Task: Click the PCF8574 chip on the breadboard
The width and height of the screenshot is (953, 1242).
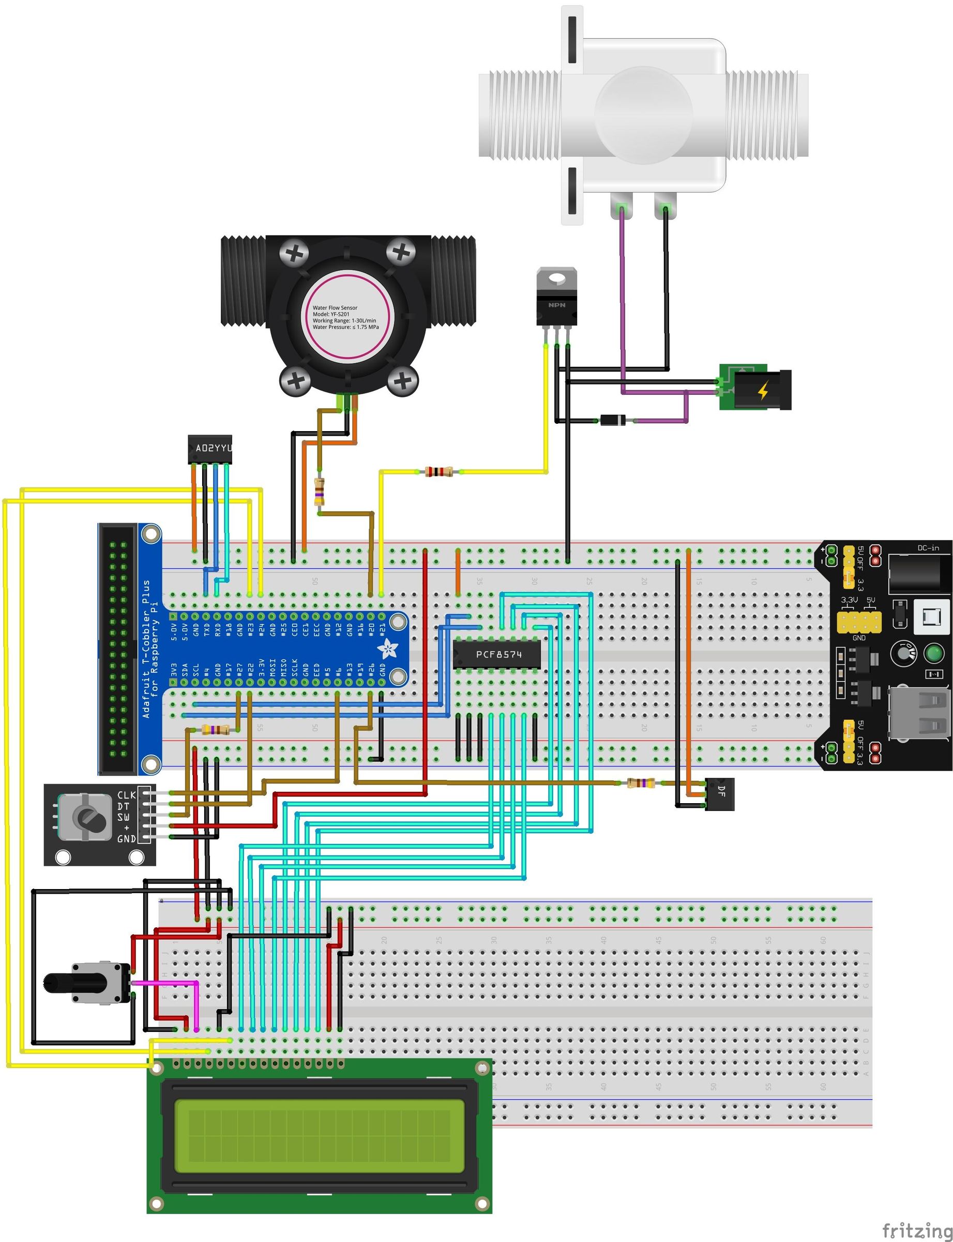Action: click(x=497, y=655)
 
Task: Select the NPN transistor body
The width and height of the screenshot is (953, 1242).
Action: click(x=556, y=306)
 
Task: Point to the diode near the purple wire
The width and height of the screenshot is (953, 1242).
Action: click(x=613, y=420)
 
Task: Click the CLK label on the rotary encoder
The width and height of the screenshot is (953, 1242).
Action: click(x=126, y=795)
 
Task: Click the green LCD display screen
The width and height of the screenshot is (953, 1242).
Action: click(x=319, y=1135)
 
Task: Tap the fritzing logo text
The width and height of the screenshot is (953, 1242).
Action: click(x=917, y=1230)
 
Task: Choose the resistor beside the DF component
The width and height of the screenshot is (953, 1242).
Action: click(x=641, y=783)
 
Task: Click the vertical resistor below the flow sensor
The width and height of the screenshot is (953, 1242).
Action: click(x=320, y=492)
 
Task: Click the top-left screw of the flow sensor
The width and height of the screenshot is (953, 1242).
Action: click(x=294, y=253)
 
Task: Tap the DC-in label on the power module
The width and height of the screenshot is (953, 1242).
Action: click(x=928, y=549)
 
